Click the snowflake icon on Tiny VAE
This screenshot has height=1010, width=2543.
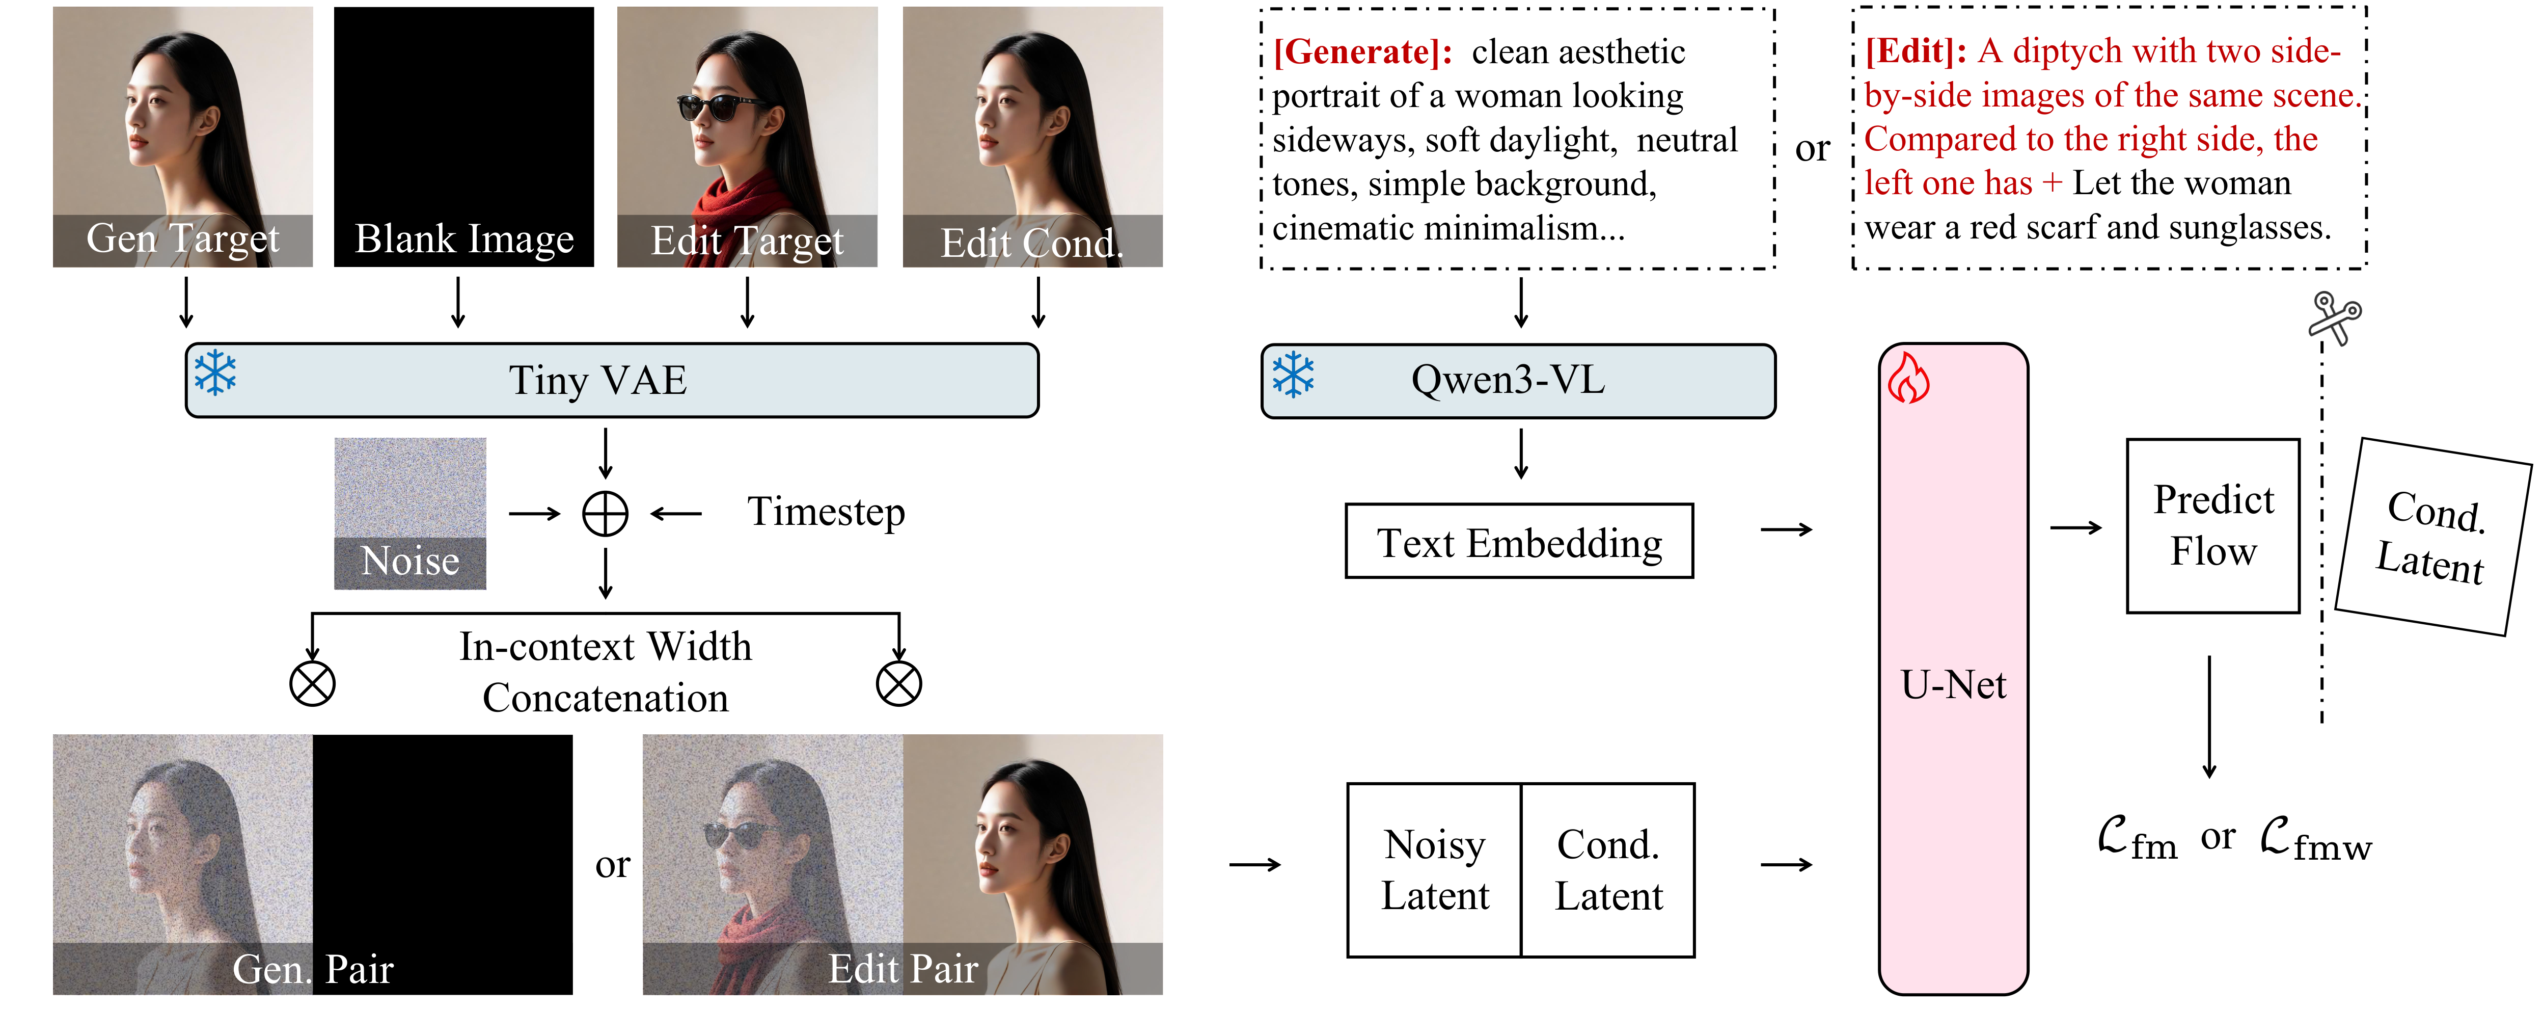(x=215, y=373)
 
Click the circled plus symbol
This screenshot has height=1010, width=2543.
(x=605, y=513)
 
